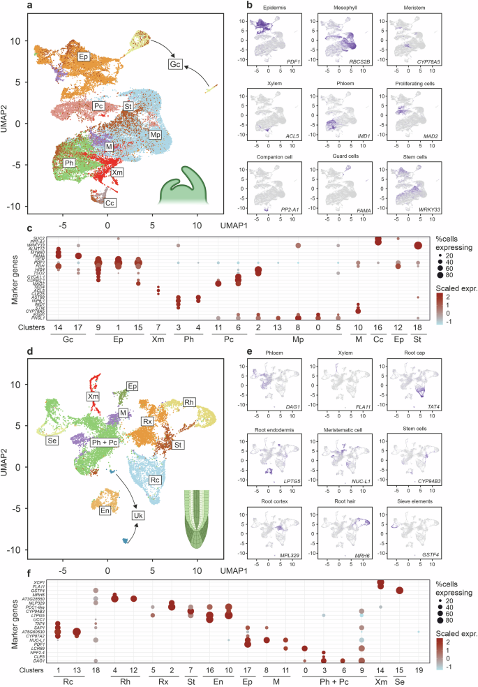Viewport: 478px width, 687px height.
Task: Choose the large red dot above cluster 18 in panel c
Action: pyautogui.click(x=417, y=245)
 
